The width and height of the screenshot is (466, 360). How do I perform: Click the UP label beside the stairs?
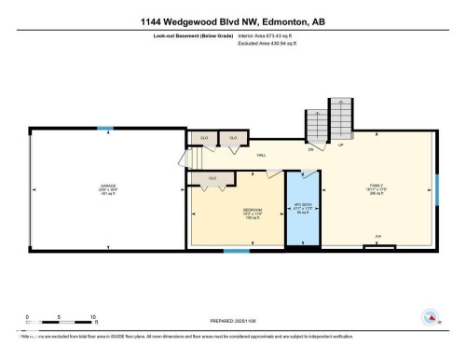pos(341,145)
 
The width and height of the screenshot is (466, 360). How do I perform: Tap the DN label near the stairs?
pos(310,147)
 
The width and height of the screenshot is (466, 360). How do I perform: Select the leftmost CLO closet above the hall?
pos(203,138)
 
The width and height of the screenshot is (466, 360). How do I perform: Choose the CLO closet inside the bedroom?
pos(212,177)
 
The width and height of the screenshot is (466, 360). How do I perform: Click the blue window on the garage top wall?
pos(106,128)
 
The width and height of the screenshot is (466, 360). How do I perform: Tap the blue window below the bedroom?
pos(237,250)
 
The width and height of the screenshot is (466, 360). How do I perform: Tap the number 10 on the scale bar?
pos(93,317)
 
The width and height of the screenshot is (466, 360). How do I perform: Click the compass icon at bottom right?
pos(430,318)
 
